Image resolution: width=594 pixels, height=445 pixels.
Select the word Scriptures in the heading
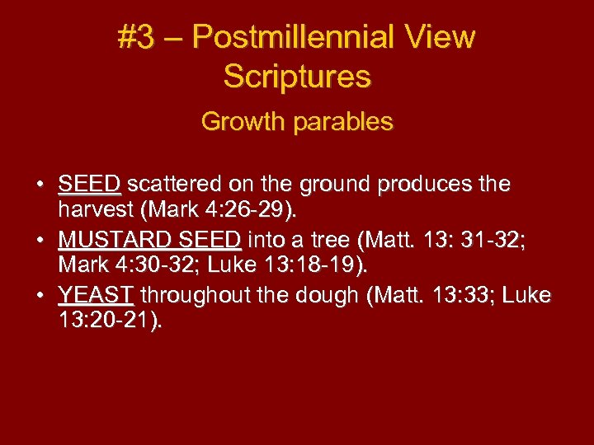(297, 77)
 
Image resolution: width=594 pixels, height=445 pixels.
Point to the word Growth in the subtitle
(237, 122)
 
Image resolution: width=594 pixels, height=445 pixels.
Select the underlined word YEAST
(96, 296)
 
